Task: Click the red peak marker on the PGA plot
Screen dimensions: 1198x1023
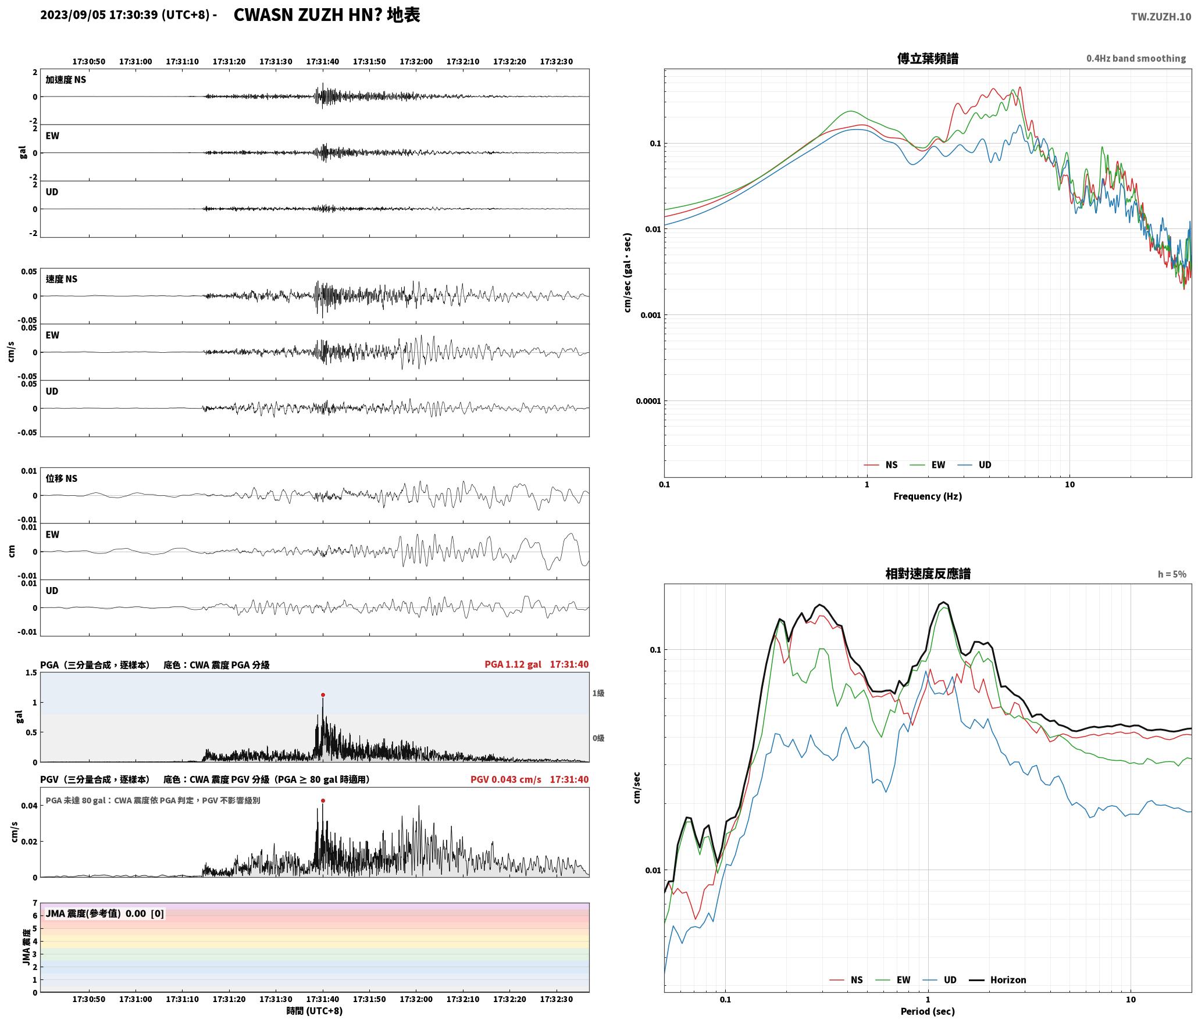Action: point(323,695)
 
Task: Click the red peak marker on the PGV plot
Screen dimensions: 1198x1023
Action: point(323,800)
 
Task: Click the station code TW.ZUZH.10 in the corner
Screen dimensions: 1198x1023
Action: point(1161,17)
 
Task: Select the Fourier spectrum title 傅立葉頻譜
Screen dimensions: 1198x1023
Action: point(928,58)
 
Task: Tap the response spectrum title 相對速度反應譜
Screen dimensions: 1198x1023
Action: point(928,573)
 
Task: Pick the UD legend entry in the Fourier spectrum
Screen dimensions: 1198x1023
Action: point(975,464)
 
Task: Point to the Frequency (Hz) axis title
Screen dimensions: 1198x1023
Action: point(928,496)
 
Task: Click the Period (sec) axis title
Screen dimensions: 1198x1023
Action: point(928,1011)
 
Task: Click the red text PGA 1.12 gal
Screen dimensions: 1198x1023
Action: point(512,664)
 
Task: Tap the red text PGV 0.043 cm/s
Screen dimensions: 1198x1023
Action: point(505,779)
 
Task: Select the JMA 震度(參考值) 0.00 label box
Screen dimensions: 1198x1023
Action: point(105,913)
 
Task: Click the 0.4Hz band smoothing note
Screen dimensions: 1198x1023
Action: point(1136,58)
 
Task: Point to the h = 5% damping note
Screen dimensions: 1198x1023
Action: point(1172,574)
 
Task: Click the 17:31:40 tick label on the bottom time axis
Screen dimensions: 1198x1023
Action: point(323,999)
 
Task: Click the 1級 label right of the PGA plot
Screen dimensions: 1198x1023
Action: point(598,693)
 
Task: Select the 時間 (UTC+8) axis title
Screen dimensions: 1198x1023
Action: point(315,1011)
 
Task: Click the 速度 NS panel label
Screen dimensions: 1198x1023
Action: point(62,279)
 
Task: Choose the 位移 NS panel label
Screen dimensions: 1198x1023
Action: point(62,478)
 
